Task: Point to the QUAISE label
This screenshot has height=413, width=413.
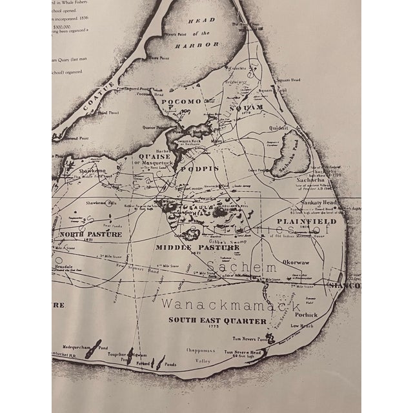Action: click(x=154, y=156)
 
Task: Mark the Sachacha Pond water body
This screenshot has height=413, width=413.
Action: click(x=285, y=157)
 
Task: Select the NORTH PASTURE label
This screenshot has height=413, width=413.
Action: click(x=90, y=234)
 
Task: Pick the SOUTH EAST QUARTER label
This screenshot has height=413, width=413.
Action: click(x=208, y=319)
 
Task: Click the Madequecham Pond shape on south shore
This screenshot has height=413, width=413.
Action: click(x=92, y=349)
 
